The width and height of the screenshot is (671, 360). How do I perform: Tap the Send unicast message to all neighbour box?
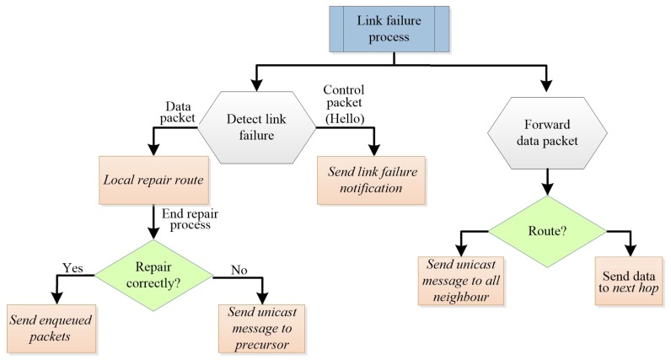coord(459,281)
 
